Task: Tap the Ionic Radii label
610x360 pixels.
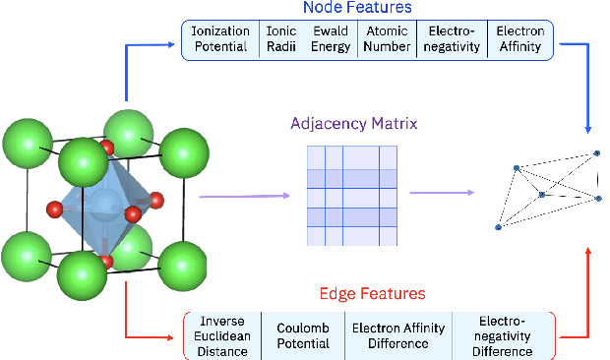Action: pos(281,39)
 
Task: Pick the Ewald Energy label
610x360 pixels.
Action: pos(331,39)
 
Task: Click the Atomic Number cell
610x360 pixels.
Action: pos(385,39)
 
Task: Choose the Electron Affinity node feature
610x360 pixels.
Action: pos(520,39)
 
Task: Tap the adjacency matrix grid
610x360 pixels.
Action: pos(352,195)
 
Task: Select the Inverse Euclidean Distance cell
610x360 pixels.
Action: pos(222,335)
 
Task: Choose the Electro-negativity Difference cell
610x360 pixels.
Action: pos(503,335)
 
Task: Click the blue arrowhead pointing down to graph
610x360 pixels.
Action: pos(588,130)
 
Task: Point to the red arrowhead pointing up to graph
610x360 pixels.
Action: pos(588,253)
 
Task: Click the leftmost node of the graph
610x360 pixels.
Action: pos(500,226)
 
